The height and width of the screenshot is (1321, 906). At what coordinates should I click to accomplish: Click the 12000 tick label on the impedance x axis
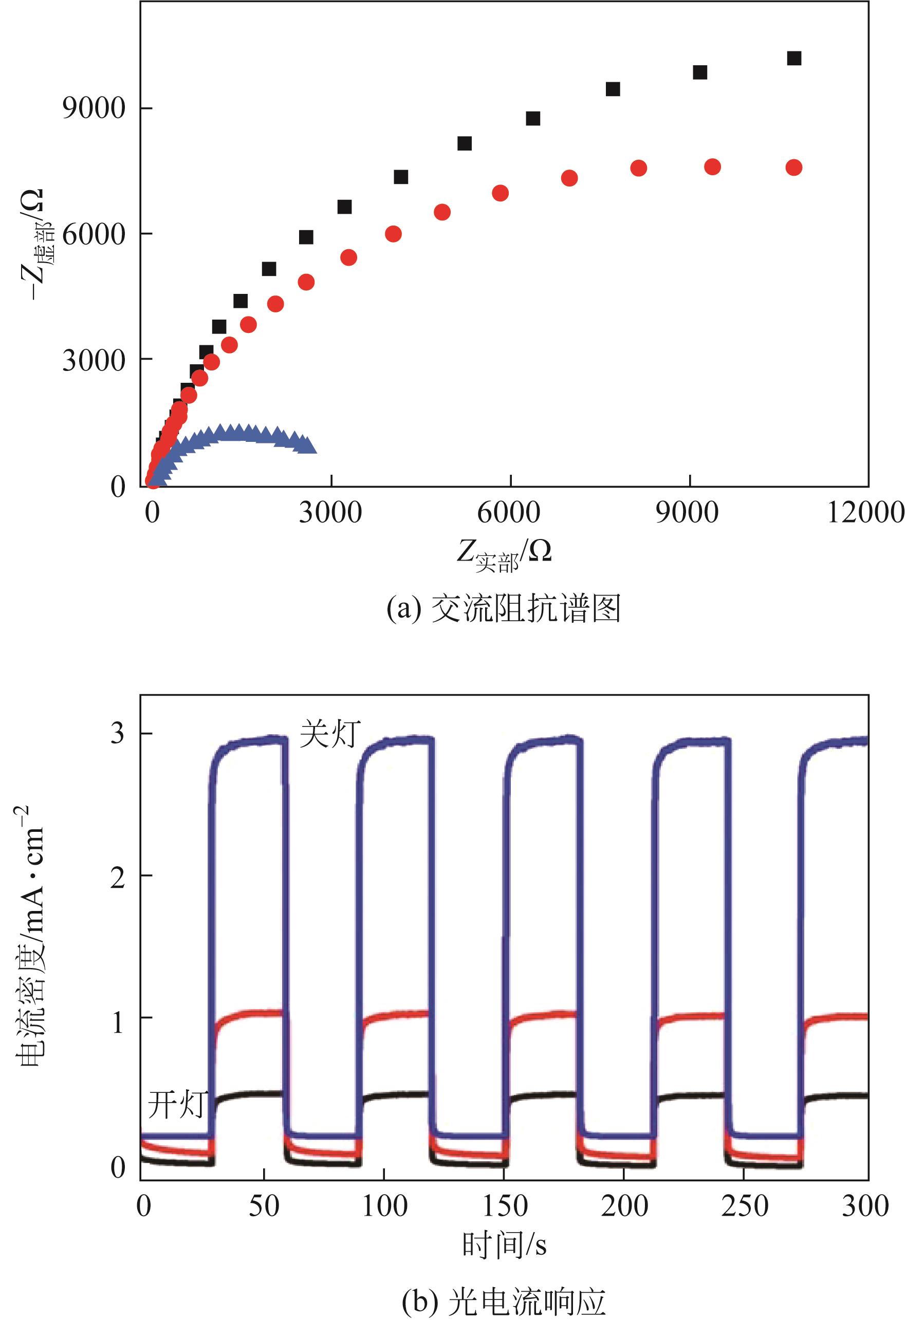pyautogui.click(x=865, y=512)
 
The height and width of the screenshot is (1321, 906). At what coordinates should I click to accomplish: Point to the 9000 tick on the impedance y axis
pyautogui.click(x=93, y=108)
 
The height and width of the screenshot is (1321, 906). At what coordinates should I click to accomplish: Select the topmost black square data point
pyautogui.click(x=794, y=58)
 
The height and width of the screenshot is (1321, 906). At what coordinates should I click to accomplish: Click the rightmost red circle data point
pyautogui.click(x=793, y=167)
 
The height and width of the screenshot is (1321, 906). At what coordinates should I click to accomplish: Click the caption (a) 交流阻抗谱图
pyautogui.click(x=503, y=608)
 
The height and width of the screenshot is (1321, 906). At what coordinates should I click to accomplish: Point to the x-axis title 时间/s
pyautogui.click(x=504, y=1245)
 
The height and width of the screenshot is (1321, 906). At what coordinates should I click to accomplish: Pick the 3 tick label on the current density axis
pyautogui.click(x=118, y=734)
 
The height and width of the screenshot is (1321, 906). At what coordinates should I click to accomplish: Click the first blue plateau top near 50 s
pyautogui.click(x=250, y=740)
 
